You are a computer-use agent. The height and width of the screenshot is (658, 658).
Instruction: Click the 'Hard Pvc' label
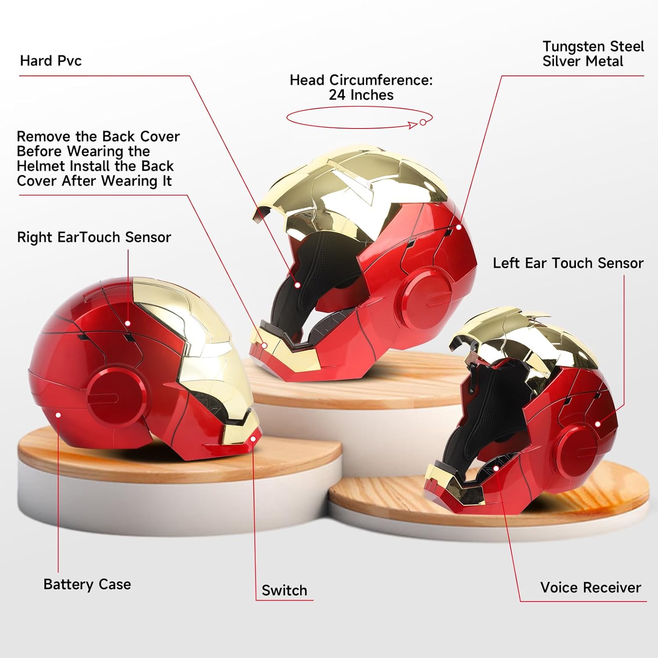click(51, 61)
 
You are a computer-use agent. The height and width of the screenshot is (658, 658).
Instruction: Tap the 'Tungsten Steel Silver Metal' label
click(593, 54)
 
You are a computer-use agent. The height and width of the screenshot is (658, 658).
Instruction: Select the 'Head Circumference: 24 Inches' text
click(361, 87)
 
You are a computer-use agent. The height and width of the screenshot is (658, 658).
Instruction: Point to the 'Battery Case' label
click(87, 584)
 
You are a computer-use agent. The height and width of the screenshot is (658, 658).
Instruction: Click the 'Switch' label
click(284, 590)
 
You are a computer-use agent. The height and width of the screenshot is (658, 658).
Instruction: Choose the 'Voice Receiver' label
click(590, 587)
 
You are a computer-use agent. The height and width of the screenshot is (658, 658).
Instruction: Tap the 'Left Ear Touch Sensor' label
click(568, 263)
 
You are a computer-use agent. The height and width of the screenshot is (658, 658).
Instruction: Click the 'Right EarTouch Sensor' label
click(94, 237)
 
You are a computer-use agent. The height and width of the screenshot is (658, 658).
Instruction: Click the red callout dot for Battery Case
click(58, 415)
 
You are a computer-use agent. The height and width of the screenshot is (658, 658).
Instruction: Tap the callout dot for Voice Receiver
click(496, 468)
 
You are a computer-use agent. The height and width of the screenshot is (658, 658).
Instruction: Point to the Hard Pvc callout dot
click(297, 285)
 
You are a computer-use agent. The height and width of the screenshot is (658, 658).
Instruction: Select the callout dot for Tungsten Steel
click(459, 227)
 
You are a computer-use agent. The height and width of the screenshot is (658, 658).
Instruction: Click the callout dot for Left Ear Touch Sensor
click(598, 424)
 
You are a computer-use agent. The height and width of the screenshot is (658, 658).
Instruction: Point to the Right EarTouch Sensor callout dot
click(128, 323)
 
